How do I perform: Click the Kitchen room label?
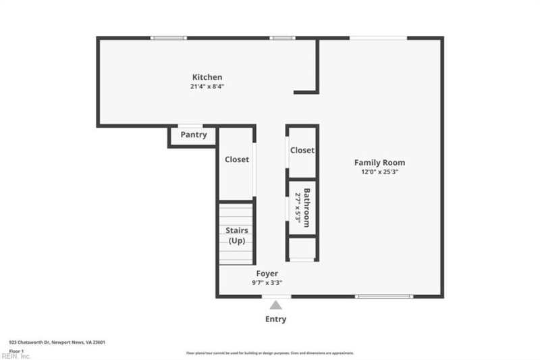click(x=207, y=77)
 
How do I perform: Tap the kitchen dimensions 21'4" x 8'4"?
click(x=207, y=86)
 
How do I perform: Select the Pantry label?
click(x=193, y=135)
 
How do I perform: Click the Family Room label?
click(x=379, y=162)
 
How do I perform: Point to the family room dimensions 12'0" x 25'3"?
click(x=379, y=172)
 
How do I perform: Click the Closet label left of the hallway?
click(x=236, y=159)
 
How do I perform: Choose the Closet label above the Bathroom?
click(x=302, y=150)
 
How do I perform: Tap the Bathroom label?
click(x=306, y=207)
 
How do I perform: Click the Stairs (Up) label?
click(x=236, y=236)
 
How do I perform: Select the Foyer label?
click(x=267, y=274)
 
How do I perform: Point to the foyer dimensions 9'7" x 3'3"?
click(x=267, y=283)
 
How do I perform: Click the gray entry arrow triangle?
click(x=275, y=305)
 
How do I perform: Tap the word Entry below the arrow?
click(x=275, y=319)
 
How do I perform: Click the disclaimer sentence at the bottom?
click(x=270, y=353)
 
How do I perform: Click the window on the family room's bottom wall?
click(x=383, y=297)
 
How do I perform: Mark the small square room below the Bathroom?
click(x=302, y=248)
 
